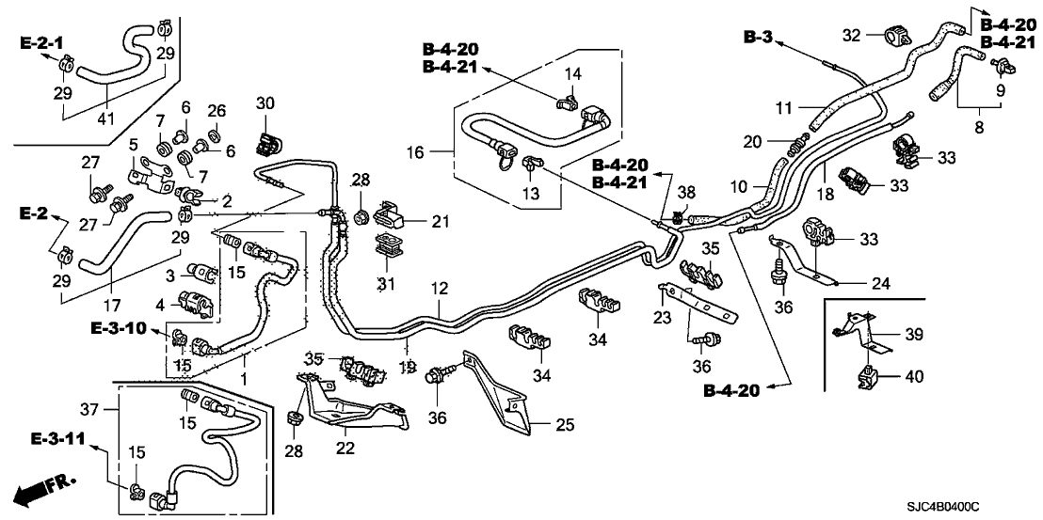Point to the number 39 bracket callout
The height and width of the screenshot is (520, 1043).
tap(914, 335)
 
